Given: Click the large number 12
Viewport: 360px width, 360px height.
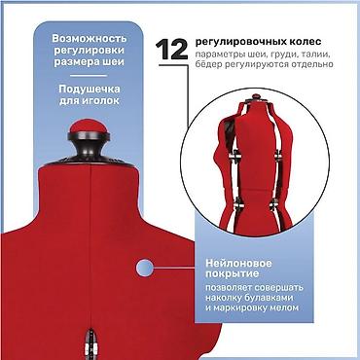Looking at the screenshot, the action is [171, 50].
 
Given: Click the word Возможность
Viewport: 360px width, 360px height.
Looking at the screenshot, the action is [90, 39].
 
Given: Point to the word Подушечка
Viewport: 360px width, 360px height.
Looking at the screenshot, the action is [90, 89].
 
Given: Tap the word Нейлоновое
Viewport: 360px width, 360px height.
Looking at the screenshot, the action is [238, 263].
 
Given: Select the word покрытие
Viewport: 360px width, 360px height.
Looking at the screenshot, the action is [233, 274].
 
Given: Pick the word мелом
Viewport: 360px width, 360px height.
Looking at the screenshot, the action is [284, 307].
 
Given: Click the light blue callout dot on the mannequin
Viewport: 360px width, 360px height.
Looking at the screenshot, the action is [145, 269].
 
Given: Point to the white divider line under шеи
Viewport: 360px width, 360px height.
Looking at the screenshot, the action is [89, 76].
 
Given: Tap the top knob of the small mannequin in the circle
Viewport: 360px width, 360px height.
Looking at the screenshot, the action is [256, 96].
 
